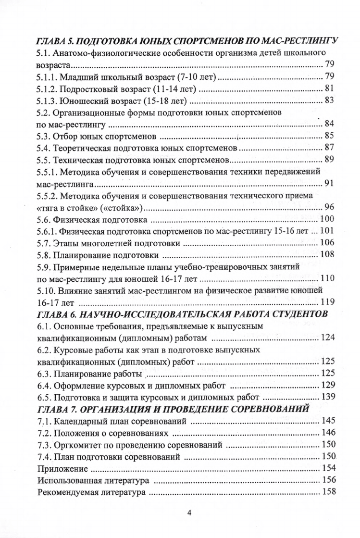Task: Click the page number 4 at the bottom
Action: (189, 513)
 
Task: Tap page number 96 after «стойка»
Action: (329, 208)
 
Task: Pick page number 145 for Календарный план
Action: (327, 422)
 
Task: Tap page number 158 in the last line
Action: (327, 492)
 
